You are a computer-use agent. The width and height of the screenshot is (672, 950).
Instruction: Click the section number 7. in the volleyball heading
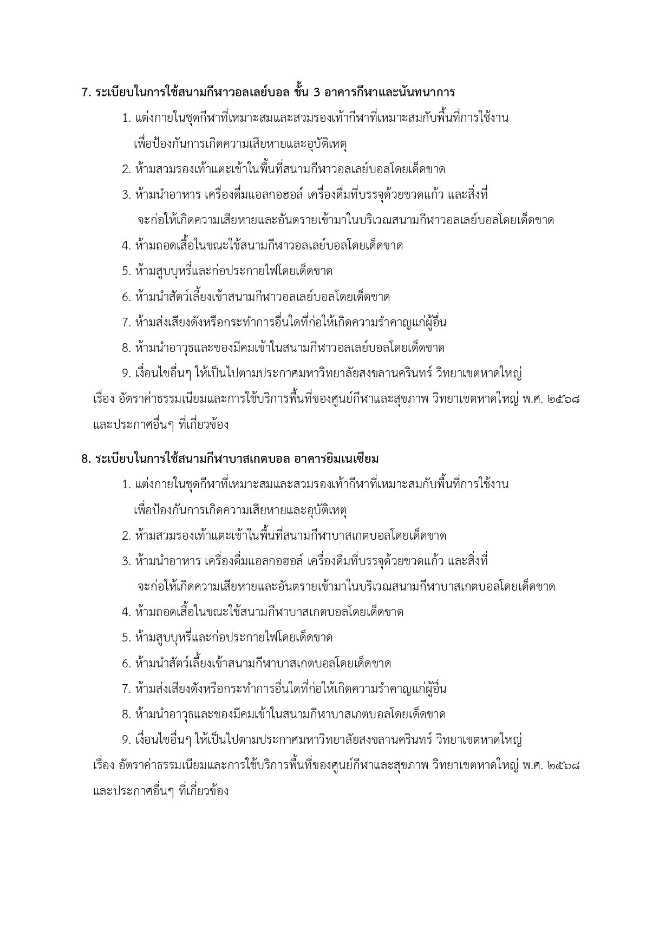click(86, 93)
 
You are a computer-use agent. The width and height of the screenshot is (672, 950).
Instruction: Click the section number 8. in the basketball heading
click(86, 459)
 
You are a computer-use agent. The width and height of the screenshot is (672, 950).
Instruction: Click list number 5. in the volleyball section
click(126, 271)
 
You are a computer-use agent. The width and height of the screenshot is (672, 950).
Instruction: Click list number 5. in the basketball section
click(126, 638)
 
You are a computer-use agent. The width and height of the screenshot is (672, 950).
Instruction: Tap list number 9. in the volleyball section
click(126, 374)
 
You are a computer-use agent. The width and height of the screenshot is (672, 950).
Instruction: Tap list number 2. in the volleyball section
click(126, 169)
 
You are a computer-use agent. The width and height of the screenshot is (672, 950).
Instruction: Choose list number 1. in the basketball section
click(126, 484)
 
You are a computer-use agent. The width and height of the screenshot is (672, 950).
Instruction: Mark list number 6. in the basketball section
click(126, 664)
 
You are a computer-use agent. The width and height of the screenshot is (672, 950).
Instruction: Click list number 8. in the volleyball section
click(126, 348)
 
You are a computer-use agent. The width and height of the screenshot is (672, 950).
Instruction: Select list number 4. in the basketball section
click(126, 612)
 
